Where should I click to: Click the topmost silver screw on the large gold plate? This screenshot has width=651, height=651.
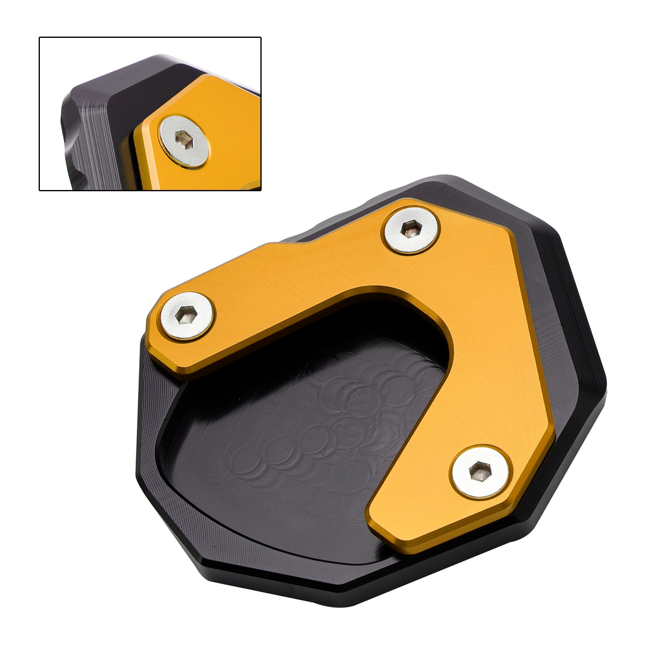[412, 230]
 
